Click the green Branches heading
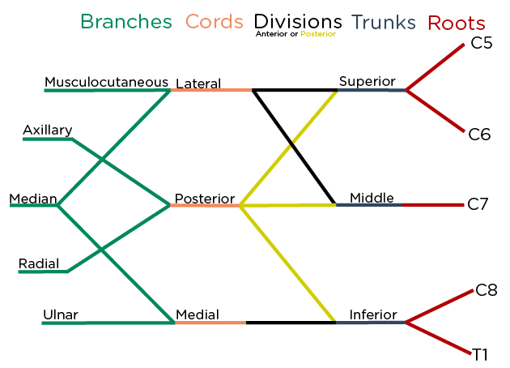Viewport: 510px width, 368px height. pos(126,23)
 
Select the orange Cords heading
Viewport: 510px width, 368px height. pos(215,23)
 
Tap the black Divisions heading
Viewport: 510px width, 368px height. pos(297,22)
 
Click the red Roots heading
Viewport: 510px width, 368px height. pos(457,23)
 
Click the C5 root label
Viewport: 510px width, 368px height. pos(482,44)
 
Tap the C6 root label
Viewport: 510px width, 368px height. pos(480,135)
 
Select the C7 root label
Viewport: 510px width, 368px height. pos(478,203)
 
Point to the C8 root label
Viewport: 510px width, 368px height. pos(487,290)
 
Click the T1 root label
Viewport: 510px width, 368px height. pos(481,353)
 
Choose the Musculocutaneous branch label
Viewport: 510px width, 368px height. pos(106,82)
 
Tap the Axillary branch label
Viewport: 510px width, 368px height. pos(47,130)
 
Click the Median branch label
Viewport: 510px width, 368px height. pos(32,199)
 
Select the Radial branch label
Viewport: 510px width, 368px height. pos(38,263)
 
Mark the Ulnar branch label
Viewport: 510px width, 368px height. pos(61,315)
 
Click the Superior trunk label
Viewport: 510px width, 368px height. pos(367,81)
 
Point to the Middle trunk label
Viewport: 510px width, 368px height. pos(372,198)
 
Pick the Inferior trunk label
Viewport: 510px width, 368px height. pos(373,315)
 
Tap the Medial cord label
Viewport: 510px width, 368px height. pos(198,315)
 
